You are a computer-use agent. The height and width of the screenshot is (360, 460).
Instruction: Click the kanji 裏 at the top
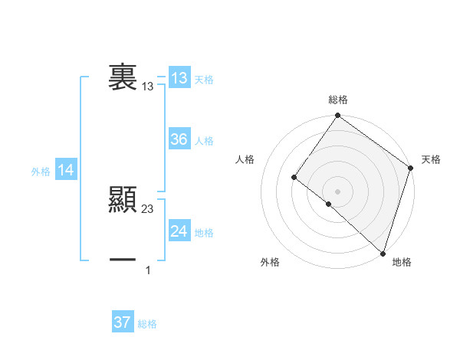point(123,78)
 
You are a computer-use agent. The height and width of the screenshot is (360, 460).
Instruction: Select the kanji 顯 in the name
point(123,201)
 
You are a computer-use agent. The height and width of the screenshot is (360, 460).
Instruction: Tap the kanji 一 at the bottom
point(123,260)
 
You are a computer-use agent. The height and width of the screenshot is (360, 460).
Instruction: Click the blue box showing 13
point(179,78)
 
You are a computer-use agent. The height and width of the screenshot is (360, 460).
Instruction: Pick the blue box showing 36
point(179,139)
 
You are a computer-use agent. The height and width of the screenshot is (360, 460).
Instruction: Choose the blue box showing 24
point(179,231)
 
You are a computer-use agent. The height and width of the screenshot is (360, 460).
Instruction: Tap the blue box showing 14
point(66,171)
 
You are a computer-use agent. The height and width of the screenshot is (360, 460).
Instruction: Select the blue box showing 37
point(123,322)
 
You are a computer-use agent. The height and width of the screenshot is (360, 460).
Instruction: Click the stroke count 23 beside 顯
point(148,209)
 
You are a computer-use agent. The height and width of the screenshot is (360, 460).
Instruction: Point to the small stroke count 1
point(148,270)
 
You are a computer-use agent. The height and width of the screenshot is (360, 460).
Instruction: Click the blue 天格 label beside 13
point(204,79)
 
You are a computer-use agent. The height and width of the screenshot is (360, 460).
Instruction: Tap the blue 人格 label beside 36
point(204,140)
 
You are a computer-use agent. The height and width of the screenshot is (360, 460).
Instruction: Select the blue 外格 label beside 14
point(41,172)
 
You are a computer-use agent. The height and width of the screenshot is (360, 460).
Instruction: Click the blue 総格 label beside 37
point(147,323)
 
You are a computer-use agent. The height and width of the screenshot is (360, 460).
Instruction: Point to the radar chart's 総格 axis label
point(338,100)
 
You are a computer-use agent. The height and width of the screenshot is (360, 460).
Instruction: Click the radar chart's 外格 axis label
point(270,262)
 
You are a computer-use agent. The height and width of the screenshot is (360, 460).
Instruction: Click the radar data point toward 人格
point(294,177)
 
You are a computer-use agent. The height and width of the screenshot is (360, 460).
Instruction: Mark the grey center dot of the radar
point(338,191)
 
